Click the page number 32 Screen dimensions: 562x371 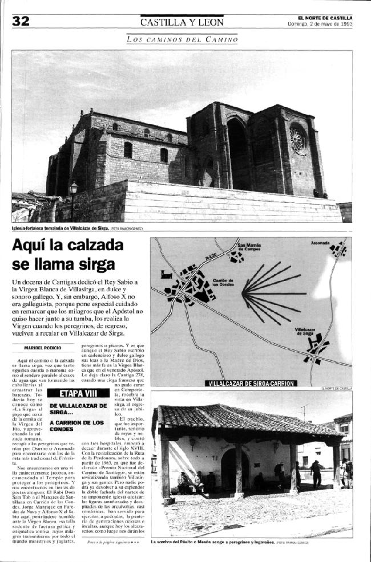click(21, 21)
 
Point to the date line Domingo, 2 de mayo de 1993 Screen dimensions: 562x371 click(320, 24)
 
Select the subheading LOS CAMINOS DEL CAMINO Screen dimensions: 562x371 click(182, 39)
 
